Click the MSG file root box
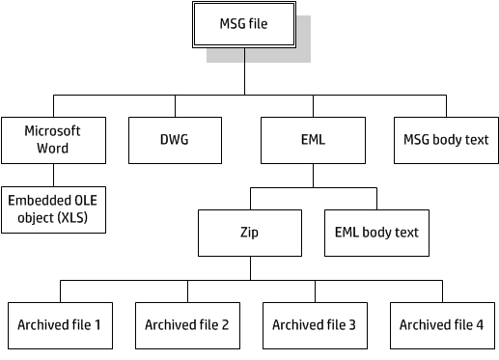[244, 24]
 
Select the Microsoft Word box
[53, 140]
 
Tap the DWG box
[173, 140]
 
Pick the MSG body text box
[445, 140]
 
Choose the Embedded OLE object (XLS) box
[53, 209]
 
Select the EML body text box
[376, 233]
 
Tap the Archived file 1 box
[60, 325]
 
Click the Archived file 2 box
[187, 325]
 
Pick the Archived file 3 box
[315, 325]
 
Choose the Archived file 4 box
[442, 325]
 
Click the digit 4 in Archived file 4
[480, 325]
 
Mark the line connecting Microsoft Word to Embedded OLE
[53, 175]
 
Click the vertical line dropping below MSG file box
[244, 72]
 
